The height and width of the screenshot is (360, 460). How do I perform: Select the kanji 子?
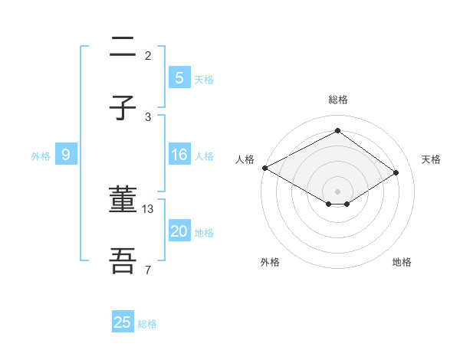[123, 109]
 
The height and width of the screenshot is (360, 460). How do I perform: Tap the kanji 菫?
[123, 201]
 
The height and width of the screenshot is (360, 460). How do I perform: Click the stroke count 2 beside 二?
[148, 55]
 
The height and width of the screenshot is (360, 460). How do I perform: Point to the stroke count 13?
[149, 208]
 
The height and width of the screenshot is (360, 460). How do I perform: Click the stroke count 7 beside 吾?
[148, 270]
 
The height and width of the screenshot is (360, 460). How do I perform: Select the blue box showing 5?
[179, 77]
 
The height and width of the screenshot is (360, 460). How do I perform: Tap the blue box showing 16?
[179, 155]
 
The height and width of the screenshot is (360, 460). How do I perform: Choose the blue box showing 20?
[179, 231]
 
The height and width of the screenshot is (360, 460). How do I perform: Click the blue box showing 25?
[123, 322]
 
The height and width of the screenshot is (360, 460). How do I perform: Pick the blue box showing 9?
[66, 155]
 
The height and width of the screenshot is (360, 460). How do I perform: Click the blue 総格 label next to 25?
[147, 324]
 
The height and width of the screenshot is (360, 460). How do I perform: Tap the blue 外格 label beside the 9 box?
[41, 156]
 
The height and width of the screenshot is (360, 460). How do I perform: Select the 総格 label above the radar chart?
[337, 100]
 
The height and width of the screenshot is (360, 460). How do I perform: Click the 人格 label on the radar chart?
[245, 159]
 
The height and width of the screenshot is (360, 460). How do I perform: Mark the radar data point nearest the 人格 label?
[264, 168]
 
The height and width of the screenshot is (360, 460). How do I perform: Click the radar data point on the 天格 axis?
[396, 172]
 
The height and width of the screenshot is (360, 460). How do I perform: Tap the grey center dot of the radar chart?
[337, 191]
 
